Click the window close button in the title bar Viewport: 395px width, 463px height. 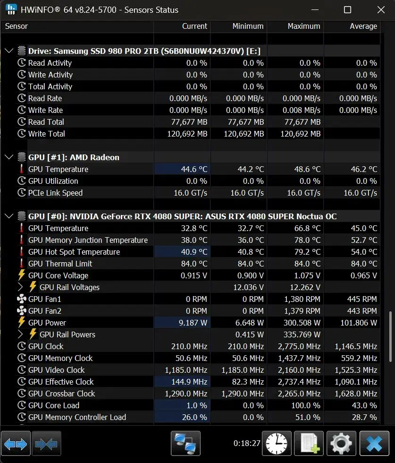point(381,9)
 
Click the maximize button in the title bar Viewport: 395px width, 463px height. point(347,9)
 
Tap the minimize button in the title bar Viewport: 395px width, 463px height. point(314,9)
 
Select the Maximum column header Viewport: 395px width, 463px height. point(304,26)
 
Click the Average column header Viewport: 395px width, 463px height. point(363,26)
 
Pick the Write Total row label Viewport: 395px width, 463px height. point(47,134)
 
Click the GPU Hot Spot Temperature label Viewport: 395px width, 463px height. point(74,252)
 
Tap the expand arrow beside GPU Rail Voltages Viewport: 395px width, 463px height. point(20,287)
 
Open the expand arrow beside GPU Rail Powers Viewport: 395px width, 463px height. point(20,334)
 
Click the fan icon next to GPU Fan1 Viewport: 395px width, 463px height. point(22,299)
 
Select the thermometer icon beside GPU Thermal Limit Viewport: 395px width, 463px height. point(22,264)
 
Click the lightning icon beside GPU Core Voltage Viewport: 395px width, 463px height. point(22,275)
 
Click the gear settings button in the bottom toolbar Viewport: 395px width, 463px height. point(341,443)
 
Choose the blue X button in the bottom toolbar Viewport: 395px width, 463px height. point(374,443)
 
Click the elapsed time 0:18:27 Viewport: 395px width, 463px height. point(247,444)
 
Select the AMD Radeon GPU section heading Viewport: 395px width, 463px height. point(74,157)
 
